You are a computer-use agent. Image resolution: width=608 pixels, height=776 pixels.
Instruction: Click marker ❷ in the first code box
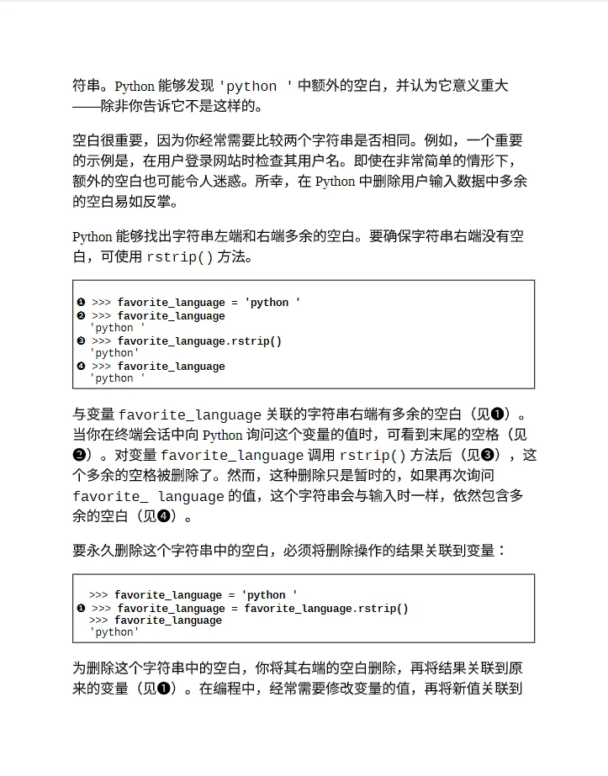[x=82, y=316]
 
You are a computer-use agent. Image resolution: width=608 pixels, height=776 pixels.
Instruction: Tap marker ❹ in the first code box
[x=82, y=367]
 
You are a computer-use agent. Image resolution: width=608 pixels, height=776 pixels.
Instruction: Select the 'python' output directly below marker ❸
[x=114, y=353]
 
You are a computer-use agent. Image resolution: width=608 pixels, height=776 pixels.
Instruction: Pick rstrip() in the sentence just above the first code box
[x=180, y=257]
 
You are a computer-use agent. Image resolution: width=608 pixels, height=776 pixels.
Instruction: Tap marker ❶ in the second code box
[x=82, y=609]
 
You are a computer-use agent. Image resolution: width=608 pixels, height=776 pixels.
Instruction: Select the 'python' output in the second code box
[x=114, y=632]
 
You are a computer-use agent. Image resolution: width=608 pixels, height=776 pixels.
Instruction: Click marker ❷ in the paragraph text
[x=78, y=455]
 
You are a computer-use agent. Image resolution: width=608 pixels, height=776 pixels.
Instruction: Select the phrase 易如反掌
[x=149, y=202]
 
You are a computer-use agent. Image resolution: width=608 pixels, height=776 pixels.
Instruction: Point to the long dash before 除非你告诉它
[x=86, y=107]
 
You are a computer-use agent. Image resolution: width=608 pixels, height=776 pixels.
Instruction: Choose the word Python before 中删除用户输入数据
[x=335, y=182]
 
